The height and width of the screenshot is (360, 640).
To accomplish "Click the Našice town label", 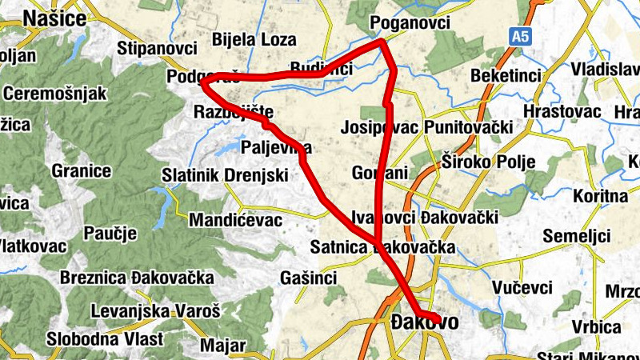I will [x=54, y=18].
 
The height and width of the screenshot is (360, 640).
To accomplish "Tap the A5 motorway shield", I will [x=521, y=36].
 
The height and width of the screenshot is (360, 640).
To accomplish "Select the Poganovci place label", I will [x=411, y=23].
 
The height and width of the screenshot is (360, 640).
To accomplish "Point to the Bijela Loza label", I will [x=254, y=39].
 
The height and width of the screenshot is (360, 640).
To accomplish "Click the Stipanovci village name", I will [x=157, y=50].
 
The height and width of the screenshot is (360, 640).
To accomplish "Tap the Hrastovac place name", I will [x=562, y=111].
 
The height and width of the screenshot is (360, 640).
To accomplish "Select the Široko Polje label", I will [x=487, y=163].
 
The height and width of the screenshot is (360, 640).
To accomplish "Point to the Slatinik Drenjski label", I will [x=224, y=174].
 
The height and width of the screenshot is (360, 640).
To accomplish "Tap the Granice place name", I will [x=81, y=170].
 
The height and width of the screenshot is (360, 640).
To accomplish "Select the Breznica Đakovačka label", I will [x=137, y=278].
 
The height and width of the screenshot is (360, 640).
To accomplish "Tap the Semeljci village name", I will [x=576, y=236].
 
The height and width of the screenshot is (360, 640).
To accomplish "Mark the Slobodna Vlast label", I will [x=105, y=338].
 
